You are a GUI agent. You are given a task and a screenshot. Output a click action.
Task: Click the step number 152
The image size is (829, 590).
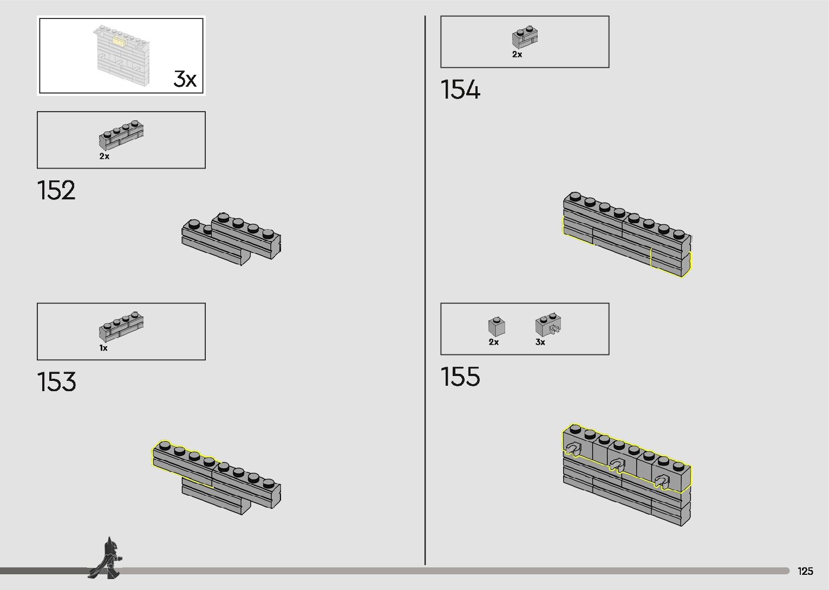coord(56,191)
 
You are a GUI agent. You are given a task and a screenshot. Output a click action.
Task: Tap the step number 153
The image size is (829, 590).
coord(57,382)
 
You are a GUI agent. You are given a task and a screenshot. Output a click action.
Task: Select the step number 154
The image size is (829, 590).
coord(460,90)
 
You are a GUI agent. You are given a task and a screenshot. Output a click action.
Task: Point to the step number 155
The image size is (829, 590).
coord(460,377)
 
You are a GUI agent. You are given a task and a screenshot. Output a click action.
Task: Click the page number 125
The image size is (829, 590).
coord(805,571)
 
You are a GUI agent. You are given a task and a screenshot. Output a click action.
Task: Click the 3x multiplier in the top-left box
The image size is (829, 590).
coord(185,79)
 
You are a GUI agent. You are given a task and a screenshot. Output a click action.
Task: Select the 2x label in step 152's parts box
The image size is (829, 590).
coord(105,157)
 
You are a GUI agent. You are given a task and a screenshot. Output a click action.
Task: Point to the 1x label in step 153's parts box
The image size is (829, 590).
coord(103,348)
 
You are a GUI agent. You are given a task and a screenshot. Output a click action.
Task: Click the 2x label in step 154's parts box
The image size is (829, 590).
coord(517,54)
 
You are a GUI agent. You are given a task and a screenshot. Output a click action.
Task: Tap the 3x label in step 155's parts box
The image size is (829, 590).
coord(540,342)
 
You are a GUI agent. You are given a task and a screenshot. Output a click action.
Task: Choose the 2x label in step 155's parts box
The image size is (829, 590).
coord(494,342)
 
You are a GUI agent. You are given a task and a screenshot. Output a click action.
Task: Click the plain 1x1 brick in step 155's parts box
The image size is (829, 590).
coord(497,326)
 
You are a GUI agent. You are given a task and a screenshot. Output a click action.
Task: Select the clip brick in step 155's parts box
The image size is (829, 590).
coord(548,325)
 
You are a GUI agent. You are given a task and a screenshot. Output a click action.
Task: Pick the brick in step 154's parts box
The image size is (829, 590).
coord(525,37)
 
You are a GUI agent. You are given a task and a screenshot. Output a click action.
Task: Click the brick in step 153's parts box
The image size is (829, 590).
coord(121,326)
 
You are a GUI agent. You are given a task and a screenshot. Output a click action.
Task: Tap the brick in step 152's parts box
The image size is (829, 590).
coord(121,135)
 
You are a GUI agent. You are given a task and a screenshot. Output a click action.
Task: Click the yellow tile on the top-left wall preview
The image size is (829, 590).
coord(119,40)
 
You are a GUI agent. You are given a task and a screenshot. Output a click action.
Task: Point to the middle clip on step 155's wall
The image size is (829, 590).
coord(617,464)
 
